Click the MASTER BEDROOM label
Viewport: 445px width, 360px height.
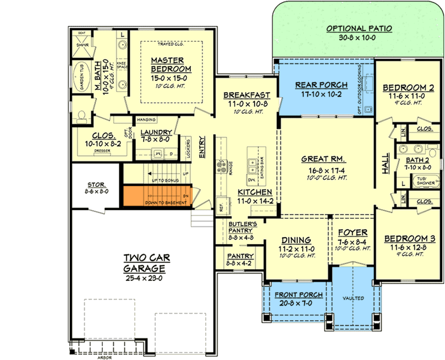point(171,64)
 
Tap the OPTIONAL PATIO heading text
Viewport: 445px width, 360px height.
point(359,29)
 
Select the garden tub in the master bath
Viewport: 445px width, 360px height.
point(79,78)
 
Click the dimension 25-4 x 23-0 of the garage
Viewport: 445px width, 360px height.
point(144,278)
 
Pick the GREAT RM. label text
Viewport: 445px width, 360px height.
point(324,159)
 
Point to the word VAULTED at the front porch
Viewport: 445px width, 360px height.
point(353,298)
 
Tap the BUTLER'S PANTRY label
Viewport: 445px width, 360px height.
point(241,227)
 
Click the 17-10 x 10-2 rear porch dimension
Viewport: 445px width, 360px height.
point(321,94)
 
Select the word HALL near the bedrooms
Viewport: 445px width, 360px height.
point(386,163)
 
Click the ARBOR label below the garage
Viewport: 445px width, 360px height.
point(103,357)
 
